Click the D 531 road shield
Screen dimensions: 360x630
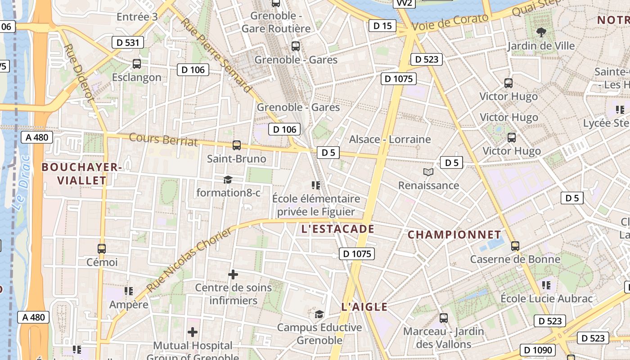click(x=128, y=43)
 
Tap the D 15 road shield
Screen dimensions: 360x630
click(x=382, y=26)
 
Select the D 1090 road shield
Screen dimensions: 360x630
click(x=539, y=350)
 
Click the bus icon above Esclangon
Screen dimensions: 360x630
click(x=137, y=64)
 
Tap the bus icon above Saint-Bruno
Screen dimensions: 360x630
click(x=237, y=145)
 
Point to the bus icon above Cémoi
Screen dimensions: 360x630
click(x=102, y=248)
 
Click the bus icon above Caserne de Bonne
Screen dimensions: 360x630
click(x=515, y=246)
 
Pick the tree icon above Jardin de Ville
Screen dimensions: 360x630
click(x=541, y=32)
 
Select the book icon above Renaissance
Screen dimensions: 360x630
click(x=428, y=172)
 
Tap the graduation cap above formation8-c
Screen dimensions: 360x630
click(x=228, y=180)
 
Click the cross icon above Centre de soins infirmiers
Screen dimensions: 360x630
click(x=233, y=274)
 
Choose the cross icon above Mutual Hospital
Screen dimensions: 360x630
click(x=193, y=332)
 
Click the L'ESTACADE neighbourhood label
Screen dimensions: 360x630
click(x=337, y=229)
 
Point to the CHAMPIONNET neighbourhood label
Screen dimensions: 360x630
click(x=454, y=234)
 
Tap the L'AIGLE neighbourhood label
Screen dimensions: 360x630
click(x=364, y=307)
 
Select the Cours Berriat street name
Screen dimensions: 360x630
click(x=163, y=139)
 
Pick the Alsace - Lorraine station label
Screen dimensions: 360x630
click(x=390, y=139)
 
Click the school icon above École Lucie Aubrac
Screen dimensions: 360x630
click(x=546, y=285)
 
